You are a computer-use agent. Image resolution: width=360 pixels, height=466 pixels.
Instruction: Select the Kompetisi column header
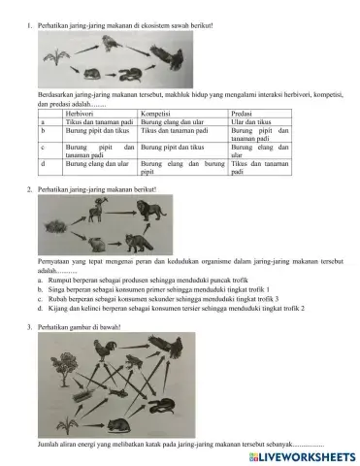[160, 114]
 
